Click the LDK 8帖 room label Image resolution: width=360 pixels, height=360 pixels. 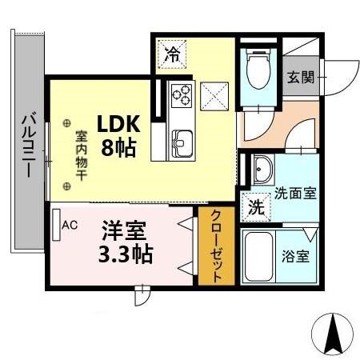(118, 136)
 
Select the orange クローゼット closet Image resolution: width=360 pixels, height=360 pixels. (216, 246)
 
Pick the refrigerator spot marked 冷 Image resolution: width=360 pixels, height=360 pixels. (172, 54)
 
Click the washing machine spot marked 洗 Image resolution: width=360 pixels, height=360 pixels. (256, 207)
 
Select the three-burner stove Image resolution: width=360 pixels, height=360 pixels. (181, 95)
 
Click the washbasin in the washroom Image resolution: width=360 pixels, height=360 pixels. (262, 169)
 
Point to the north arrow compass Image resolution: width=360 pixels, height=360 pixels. (332, 333)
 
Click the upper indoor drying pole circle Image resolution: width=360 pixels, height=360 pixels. (66, 124)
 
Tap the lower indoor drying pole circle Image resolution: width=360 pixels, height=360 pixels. (66, 186)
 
